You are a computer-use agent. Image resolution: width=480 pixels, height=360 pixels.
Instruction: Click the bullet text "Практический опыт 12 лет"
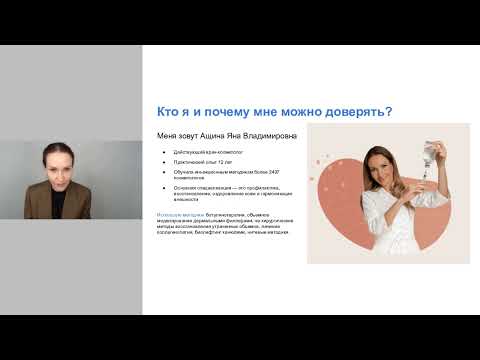pos(199,163)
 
